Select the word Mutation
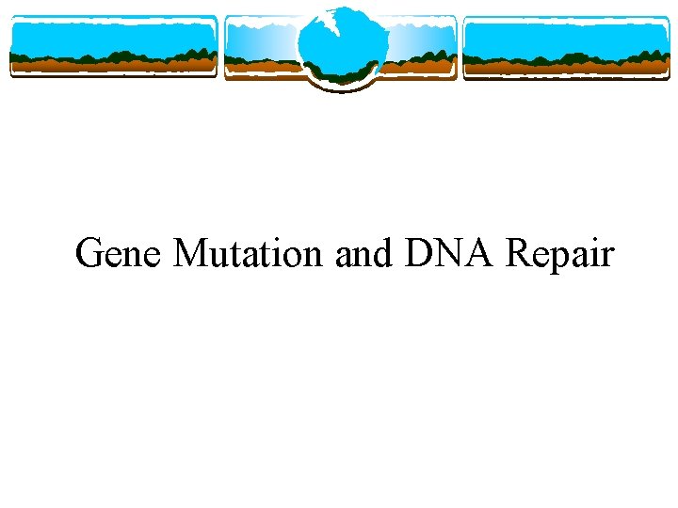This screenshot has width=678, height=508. point(250,254)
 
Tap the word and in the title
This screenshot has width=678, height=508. point(366,254)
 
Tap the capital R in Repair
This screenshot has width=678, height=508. point(519,254)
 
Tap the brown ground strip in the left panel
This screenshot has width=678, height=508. point(113,65)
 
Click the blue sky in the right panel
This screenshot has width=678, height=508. point(565,36)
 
